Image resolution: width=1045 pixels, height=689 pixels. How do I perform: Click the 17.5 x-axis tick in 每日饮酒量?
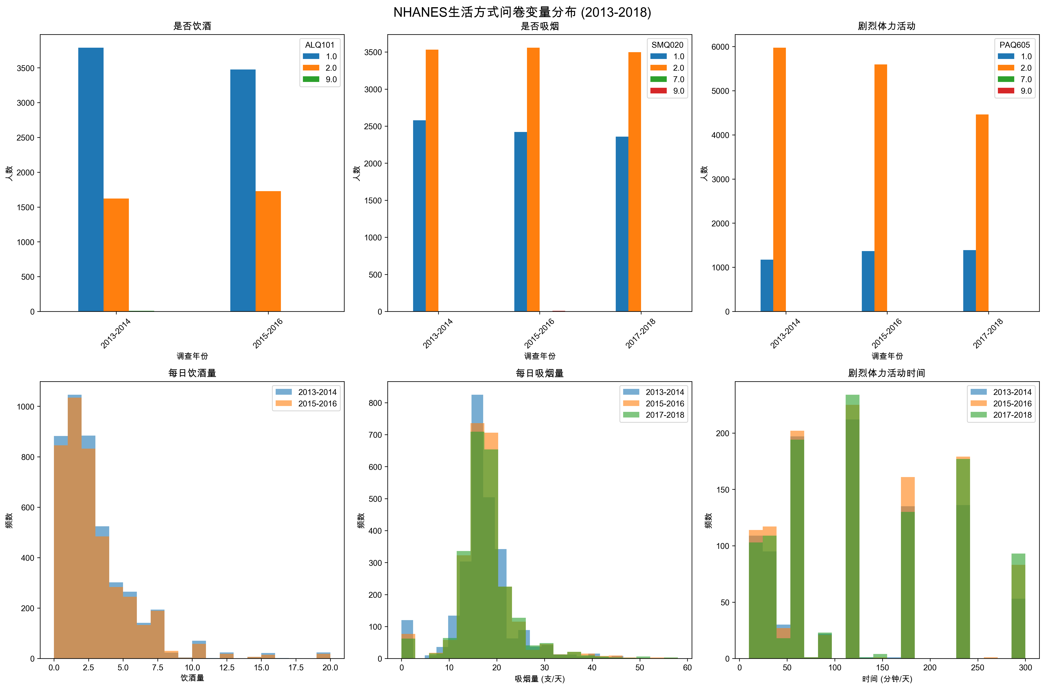296,667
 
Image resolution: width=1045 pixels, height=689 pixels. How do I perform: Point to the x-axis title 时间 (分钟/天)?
887,679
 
